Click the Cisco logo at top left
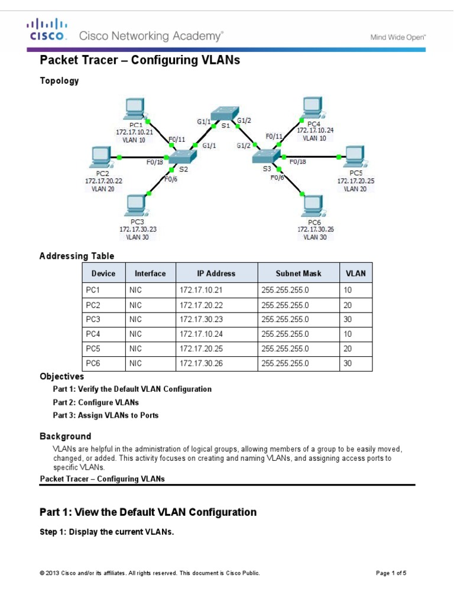point(47,30)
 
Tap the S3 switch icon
point(267,156)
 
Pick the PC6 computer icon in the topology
point(314,206)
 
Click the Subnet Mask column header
point(299,274)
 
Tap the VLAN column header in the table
point(356,274)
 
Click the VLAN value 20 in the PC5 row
point(348,349)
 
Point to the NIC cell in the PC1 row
point(135,290)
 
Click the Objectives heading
point(61,376)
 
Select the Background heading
point(65,437)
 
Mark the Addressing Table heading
point(77,256)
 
